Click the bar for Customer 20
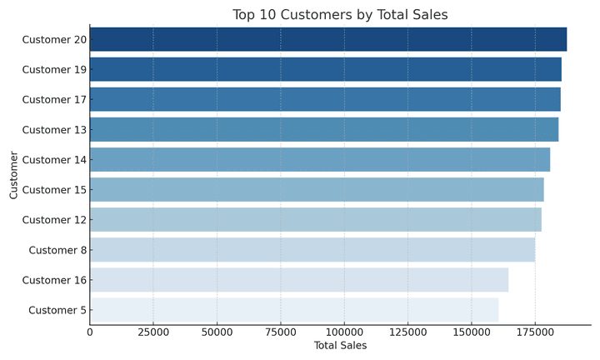pyautogui.click(x=328, y=39)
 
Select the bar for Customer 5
pyautogui.click(x=294, y=310)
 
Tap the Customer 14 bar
pyautogui.click(x=320, y=159)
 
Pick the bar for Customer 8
pyautogui.click(x=312, y=250)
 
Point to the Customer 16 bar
pyautogui.click(x=299, y=280)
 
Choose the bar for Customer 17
pyautogui.click(x=325, y=99)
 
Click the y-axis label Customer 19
pyautogui.click(x=54, y=69)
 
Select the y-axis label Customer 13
pyautogui.click(x=54, y=129)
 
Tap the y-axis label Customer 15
pyautogui.click(x=54, y=190)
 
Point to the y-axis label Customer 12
pyautogui.click(x=54, y=220)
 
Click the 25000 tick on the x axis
pyautogui.click(x=153, y=332)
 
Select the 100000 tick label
pyautogui.click(x=344, y=332)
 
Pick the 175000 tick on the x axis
pyautogui.click(x=535, y=332)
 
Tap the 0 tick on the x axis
pyautogui.click(x=90, y=332)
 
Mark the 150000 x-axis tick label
pyautogui.click(x=471, y=332)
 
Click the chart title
pyautogui.click(x=340, y=15)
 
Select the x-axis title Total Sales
pyautogui.click(x=340, y=345)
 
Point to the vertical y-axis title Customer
pyautogui.click(x=14, y=175)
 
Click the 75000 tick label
pyautogui.click(x=281, y=332)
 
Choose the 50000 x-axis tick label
pyautogui.click(x=217, y=332)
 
